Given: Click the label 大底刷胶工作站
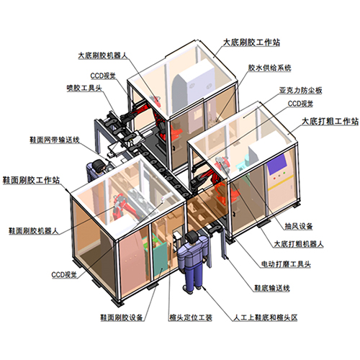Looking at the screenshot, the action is click(x=251, y=42).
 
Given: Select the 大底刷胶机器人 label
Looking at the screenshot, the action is click(x=103, y=55).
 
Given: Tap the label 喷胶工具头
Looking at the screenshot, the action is click(x=84, y=88).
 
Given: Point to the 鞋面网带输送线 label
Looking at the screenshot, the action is click(x=55, y=140).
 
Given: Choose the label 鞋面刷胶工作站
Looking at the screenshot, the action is click(x=31, y=180).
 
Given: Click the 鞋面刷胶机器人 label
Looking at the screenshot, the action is click(x=34, y=231).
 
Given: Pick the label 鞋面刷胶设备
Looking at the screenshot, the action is click(x=122, y=318).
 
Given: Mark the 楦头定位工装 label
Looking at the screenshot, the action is click(x=191, y=318).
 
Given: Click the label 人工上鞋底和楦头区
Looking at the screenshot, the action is click(x=266, y=318).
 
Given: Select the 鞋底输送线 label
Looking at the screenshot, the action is click(x=272, y=288).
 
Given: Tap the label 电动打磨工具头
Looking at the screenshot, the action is click(x=286, y=264).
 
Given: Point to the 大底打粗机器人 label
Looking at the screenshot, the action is click(x=299, y=244).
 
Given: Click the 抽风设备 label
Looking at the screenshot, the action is click(x=299, y=226).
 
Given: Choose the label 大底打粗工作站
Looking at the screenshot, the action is click(x=330, y=121).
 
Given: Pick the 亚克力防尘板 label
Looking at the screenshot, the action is click(x=300, y=90).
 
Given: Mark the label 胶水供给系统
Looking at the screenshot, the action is click(x=269, y=68).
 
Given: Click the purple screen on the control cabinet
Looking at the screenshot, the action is click(x=276, y=164).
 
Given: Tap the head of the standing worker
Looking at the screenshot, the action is click(x=192, y=238).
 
